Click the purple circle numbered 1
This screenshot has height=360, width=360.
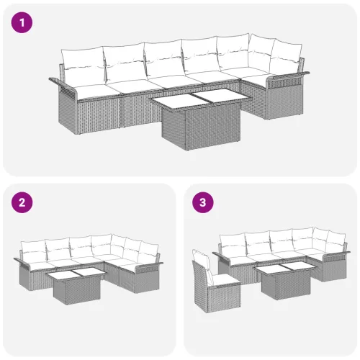(x=22, y=22)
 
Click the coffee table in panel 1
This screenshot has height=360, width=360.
(x=199, y=119)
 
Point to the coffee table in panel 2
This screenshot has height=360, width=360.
(x=76, y=286)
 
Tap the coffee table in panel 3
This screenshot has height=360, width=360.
(x=286, y=279)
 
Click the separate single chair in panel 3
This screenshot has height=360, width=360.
(x=216, y=282)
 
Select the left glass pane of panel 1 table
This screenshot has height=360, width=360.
(x=181, y=102)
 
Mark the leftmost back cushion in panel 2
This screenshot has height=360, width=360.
(x=33, y=250)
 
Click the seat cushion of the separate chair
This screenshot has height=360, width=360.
(x=225, y=280)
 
